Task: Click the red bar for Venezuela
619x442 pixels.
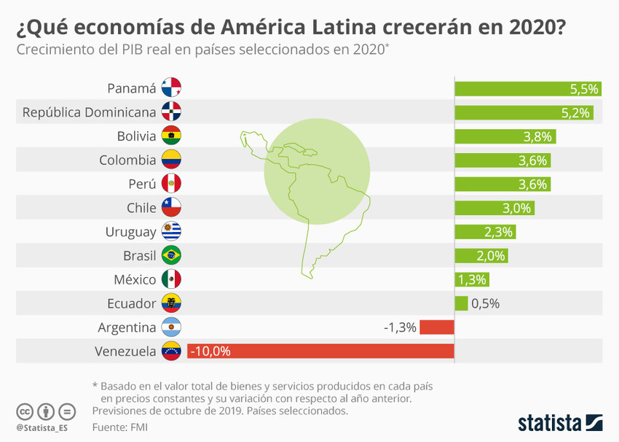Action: point(320,352)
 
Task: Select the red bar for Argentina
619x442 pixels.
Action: point(437,327)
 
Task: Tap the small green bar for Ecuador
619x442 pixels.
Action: point(461,303)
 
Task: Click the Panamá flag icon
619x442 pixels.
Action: point(171,89)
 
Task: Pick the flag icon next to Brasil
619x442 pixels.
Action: point(171,255)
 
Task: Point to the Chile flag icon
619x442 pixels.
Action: point(171,208)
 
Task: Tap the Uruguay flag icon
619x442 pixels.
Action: point(171,232)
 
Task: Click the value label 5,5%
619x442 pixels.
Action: point(584,89)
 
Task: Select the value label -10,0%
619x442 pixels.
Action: point(210,352)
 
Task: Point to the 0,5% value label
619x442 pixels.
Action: point(486,304)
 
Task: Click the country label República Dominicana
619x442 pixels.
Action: point(90,113)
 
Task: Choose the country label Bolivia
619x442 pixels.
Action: point(136,136)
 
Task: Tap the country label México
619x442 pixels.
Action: point(135,279)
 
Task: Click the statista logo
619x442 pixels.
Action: point(560,422)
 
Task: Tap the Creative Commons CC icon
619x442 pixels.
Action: point(25,411)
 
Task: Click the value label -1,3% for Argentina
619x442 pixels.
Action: point(400,327)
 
